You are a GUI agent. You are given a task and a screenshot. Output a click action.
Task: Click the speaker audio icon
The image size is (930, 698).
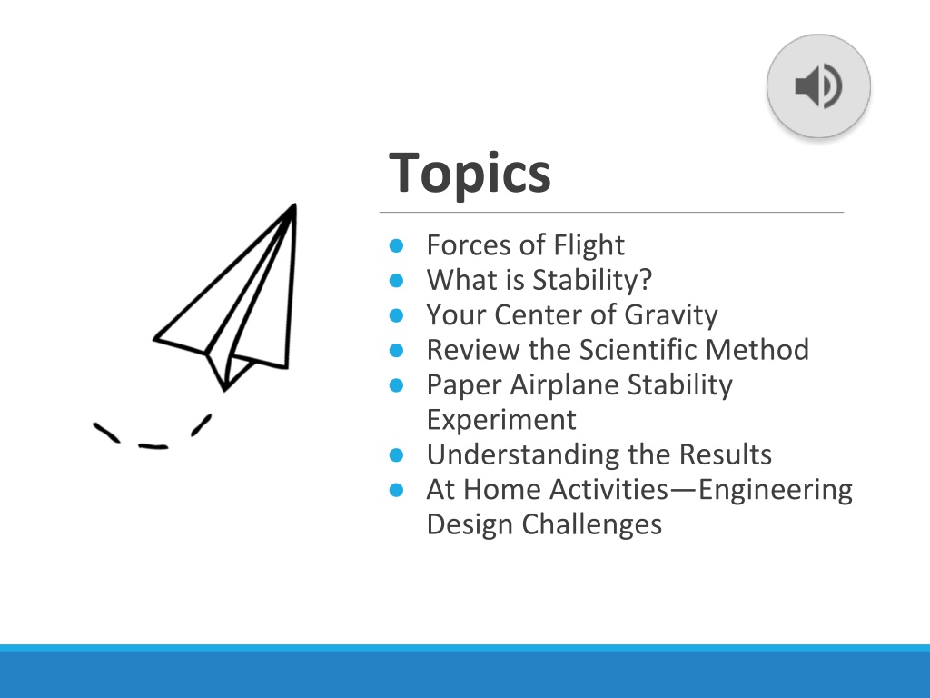pyautogui.click(x=818, y=86)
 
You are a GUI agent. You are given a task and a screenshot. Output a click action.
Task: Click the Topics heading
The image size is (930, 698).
pyautogui.click(x=470, y=173)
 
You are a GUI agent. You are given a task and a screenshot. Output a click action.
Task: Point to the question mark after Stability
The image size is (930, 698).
pyautogui.click(x=646, y=280)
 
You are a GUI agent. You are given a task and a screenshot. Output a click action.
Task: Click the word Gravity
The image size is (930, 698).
pyautogui.click(x=671, y=314)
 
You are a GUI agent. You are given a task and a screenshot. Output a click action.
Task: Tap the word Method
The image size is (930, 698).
pyautogui.click(x=757, y=349)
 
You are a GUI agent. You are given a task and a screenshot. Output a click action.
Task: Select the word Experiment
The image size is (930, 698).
pyautogui.click(x=501, y=420)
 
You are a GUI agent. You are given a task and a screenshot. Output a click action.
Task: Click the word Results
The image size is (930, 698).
pyautogui.click(x=725, y=454)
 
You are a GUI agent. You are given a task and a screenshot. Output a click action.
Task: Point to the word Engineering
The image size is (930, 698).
pyautogui.click(x=776, y=490)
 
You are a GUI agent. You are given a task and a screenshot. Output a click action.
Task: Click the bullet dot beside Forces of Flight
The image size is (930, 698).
pyautogui.click(x=396, y=245)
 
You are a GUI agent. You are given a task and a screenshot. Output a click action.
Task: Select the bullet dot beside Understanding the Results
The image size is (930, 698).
pyautogui.click(x=396, y=455)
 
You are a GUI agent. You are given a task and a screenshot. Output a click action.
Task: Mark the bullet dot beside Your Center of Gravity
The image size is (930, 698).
pyautogui.click(x=396, y=315)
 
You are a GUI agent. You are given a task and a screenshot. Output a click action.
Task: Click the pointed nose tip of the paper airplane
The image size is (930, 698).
pyautogui.click(x=293, y=205)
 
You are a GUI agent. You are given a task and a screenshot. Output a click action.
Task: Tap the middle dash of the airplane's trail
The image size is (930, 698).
pyautogui.click(x=153, y=445)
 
